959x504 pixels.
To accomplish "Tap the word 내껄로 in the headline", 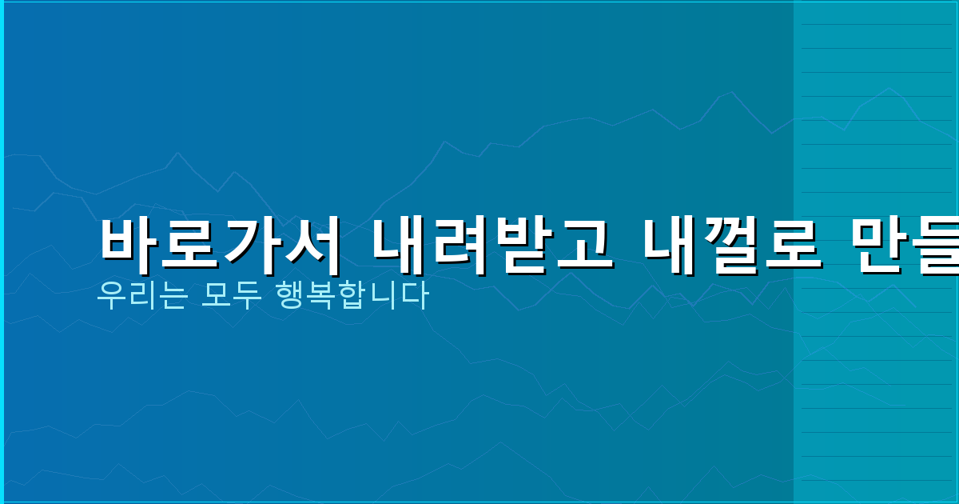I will click(733, 242).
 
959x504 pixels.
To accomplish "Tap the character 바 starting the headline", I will click(129, 242).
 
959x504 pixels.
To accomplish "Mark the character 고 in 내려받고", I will click(583, 242).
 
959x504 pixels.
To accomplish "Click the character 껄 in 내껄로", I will click(733, 242).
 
